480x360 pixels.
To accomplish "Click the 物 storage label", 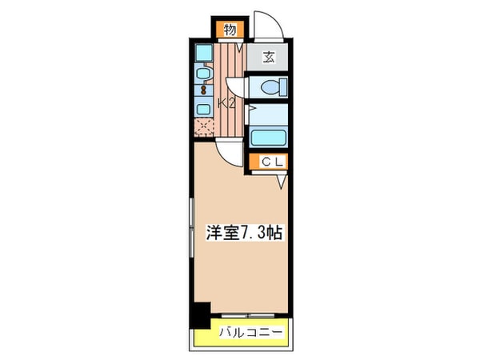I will point(229,30).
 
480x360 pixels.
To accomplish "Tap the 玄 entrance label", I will point(269,57).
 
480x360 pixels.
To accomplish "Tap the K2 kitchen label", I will point(226,102).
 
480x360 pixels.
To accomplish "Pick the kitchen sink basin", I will point(203,77).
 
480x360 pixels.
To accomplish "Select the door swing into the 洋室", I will point(229,152).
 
